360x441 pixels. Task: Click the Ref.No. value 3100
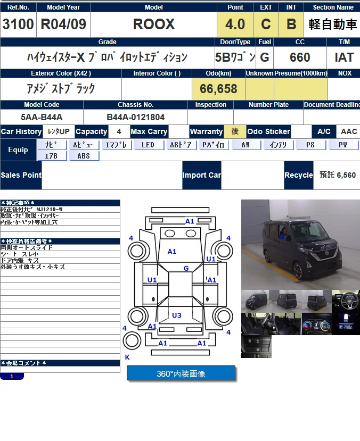click(x=18, y=24)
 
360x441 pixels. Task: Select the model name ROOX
click(x=153, y=24)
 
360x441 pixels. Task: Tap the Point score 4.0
click(x=235, y=24)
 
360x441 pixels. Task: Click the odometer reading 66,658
click(x=218, y=89)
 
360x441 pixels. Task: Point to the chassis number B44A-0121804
click(x=135, y=117)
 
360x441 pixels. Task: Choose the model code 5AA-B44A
click(x=42, y=117)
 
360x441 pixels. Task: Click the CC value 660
click(x=300, y=57)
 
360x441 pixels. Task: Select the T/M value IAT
click(x=344, y=57)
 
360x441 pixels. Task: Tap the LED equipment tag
click(x=148, y=145)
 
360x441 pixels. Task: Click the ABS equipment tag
click(x=84, y=156)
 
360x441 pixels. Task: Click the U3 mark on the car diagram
click(x=176, y=315)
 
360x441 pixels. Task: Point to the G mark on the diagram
click(x=186, y=269)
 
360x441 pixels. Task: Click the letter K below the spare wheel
click(x=127, y=357)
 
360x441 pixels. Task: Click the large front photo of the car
click(x=300, y=244)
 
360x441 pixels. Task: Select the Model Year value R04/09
click(x=63, y=24)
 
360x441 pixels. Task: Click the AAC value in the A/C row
click(x=349, y=131)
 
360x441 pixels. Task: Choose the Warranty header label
click(x=206, y=131)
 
